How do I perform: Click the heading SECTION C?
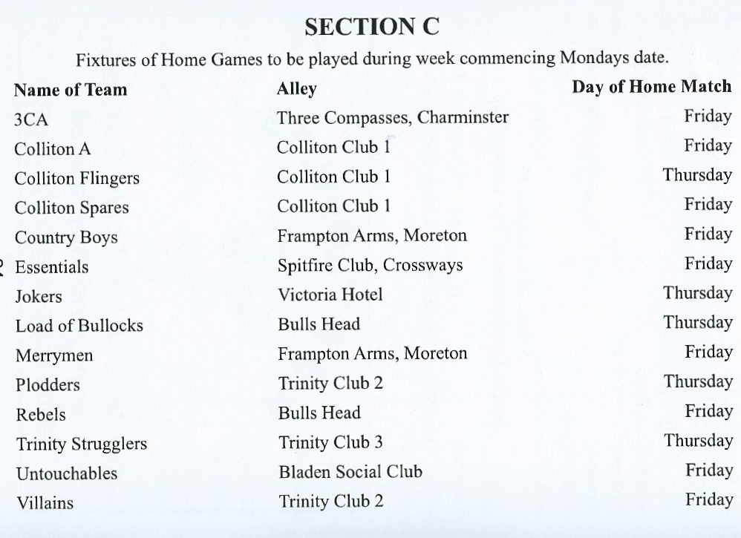point(372,27)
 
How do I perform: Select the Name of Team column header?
point(71,90)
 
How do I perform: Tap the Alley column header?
point(296,89)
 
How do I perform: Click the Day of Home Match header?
point(651,87)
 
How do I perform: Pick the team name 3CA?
point(31,119)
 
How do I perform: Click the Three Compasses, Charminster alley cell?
point(393,117)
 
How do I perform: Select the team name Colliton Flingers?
point(77,179)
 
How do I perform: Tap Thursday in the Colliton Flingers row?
point(697,175)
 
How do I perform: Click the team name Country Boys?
point(66,238)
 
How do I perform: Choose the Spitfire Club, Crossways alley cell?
point(370,265)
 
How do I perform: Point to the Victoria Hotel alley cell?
point(330,295)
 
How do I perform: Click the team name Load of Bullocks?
point(79,326)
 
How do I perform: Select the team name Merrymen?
point(54,356)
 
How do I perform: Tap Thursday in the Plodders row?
point(698,381)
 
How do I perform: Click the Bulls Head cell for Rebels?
point(319,413)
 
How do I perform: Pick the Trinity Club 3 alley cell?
point(330,443)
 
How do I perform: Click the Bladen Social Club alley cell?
point(350,472)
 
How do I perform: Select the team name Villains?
point(45,503)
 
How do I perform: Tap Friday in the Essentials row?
point(708,263)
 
